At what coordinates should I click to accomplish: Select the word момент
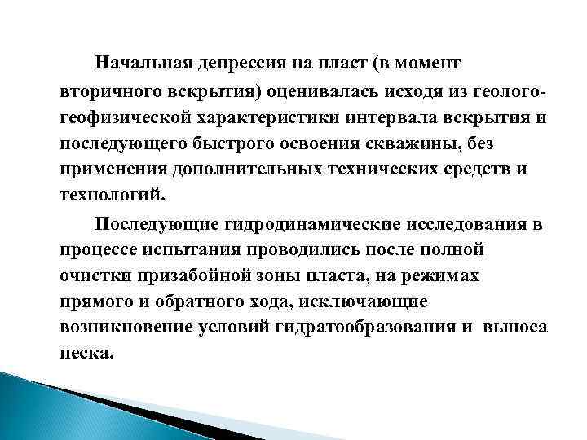click(423, 63)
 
